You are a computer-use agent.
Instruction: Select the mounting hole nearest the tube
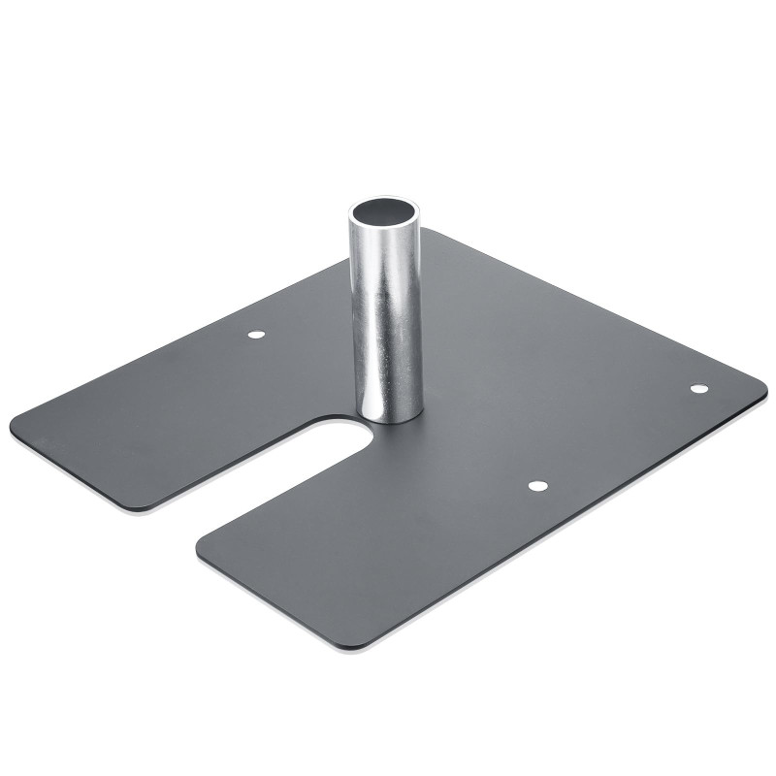pos(256,335)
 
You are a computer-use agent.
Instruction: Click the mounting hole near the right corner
pos(698,389)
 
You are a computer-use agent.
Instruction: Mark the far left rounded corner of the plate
pos(17,424)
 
